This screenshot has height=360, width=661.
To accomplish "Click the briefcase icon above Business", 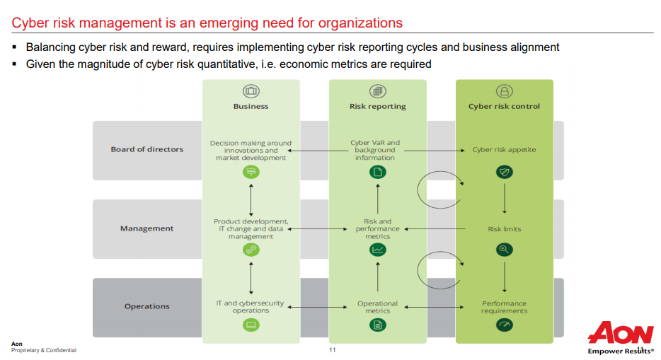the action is click(251, 91).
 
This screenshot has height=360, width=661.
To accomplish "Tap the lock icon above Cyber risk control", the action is click(504, 91).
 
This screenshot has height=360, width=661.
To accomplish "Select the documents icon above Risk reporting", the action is click(378, 91).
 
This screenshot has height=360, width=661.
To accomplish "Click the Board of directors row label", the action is click(147, 149).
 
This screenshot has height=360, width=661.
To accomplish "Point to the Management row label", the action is click(146, 228).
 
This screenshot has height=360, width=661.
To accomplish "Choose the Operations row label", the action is click(146, 306).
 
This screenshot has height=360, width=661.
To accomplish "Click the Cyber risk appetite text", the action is click(504, 149).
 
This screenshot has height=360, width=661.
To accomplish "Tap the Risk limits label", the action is click(504, 229).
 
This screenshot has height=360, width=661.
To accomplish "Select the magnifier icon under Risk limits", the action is click(504, 250).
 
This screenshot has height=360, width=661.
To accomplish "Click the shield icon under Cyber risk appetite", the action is click(504, 172).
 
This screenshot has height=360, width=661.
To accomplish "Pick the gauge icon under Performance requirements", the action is click(504, 325).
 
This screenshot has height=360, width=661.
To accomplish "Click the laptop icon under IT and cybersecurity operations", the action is click(251, 325).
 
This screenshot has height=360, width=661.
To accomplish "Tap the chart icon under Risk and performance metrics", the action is click(378, 250).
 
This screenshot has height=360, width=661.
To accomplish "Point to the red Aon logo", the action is click(621, 333).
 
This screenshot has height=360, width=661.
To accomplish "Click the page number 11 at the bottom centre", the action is click(332, 350).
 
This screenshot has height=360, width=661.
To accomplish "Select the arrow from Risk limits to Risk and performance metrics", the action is click(435, 229).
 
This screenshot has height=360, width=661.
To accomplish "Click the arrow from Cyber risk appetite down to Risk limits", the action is click(505, 198).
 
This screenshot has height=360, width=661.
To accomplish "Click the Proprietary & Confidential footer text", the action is click(44, 350).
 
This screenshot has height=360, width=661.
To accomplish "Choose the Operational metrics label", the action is click(377, 307).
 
